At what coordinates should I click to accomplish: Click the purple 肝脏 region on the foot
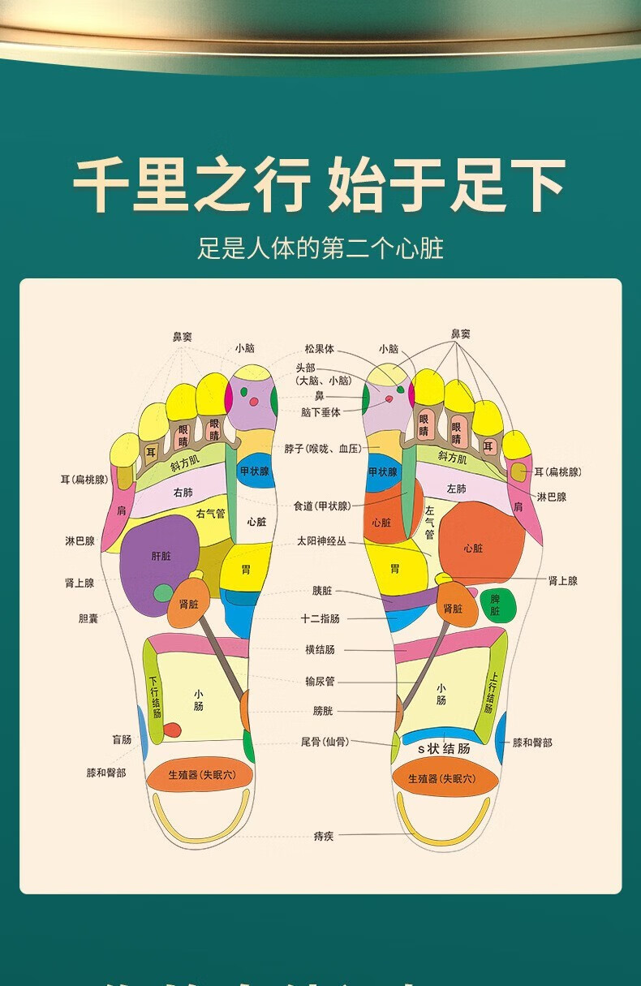tap(160, 557)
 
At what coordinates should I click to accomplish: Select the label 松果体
tap(319, 349)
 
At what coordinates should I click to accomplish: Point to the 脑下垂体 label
tap(320, 412)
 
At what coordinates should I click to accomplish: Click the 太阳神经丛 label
tap(320, 540)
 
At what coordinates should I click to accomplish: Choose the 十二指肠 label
tap(320, 618)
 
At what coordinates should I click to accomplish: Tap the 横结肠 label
tap(320, 649)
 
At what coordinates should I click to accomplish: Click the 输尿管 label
tap(320, 682)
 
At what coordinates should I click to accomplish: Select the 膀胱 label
tap(322, 711)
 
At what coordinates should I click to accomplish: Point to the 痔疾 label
tap(323, 836)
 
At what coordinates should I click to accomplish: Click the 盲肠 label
tap(122, 739)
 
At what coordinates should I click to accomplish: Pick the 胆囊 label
tap(88, 618)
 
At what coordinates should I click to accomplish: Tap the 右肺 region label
tap(183, 493)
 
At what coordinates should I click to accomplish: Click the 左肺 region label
tap(456, 489)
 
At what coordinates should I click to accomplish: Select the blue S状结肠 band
tap(443, 748)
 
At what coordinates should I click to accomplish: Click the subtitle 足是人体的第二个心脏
tap(320, 248)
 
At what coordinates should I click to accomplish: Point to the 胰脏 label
tap(322, 591)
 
